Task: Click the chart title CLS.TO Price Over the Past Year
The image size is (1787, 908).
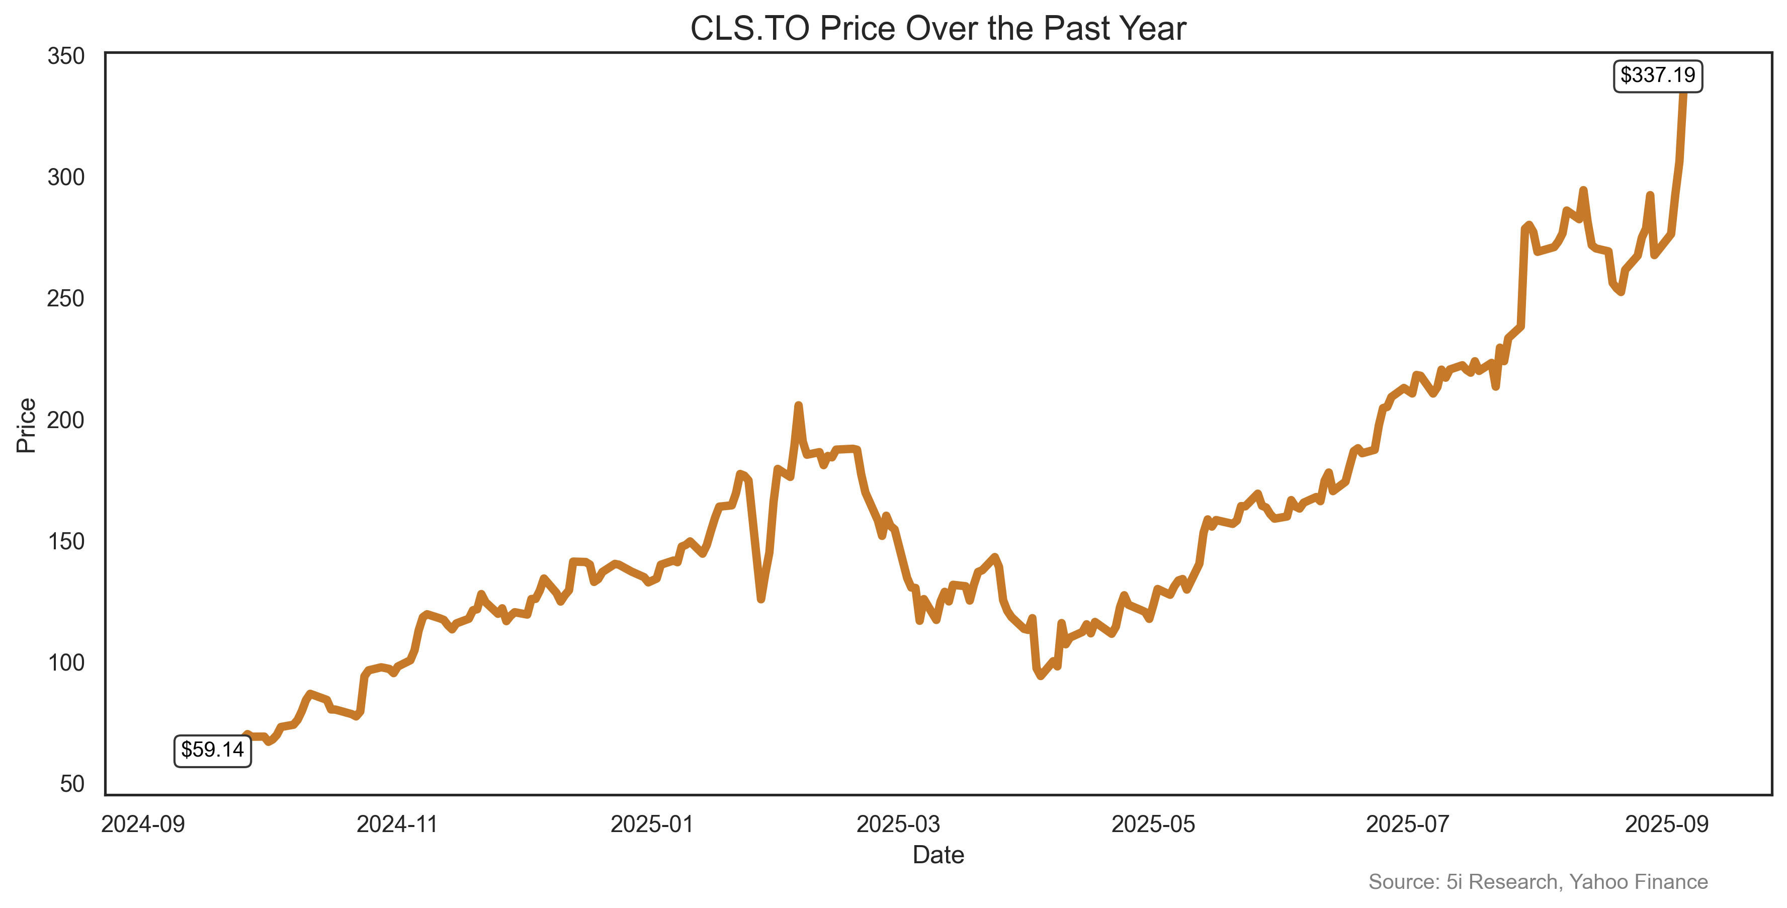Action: click(x=938, y=29)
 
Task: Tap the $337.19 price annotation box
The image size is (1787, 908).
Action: click(x=1657, y=75)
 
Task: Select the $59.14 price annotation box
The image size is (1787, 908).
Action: click(x=212, y=750)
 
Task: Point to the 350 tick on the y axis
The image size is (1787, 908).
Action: click(x=66, y=56)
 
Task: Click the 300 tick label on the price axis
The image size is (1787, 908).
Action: click(x=66, y=178)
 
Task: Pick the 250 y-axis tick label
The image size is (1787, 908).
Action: click(x=66, y=299)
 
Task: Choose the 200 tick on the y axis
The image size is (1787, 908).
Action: click(x=66, y=421)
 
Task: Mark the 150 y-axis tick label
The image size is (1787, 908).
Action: click(x=66, y=542)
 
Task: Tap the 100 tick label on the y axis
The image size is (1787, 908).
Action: click(x=66, y=663)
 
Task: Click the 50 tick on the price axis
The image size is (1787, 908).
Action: click(x=72, y=785)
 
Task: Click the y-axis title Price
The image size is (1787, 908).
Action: click(x=26, y=425)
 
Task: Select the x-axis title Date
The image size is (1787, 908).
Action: click(x=938, y=855)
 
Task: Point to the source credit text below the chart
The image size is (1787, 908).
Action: click(x=1538, y=882)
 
